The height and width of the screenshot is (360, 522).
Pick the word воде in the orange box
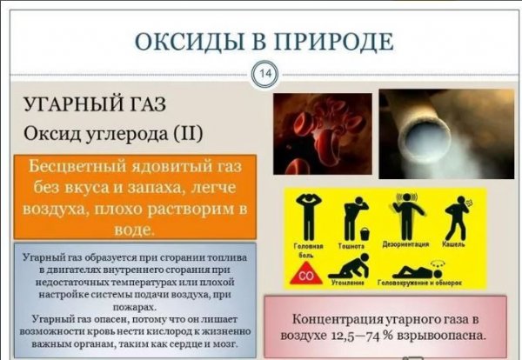point(136,230)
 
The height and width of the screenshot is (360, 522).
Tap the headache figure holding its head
point(309,216)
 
